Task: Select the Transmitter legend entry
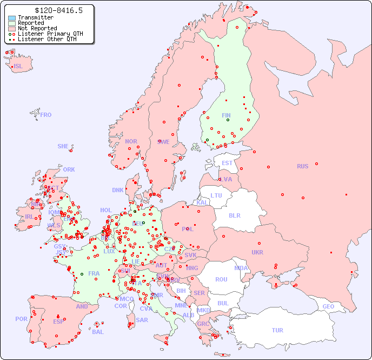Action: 35,17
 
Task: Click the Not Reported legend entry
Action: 37,28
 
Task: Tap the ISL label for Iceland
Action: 18,67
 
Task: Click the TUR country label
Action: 277,330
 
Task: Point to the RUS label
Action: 302,166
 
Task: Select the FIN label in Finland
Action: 226,115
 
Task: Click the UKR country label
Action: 257,252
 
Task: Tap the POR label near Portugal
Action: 21,319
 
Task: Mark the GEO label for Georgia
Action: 328,306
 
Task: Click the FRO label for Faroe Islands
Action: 46,115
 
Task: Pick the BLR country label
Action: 234,215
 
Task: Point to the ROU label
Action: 221,279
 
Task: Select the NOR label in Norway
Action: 131,141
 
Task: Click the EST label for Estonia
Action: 227,163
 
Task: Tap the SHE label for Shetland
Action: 63,146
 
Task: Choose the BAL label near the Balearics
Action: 97,332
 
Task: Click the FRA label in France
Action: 94,273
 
